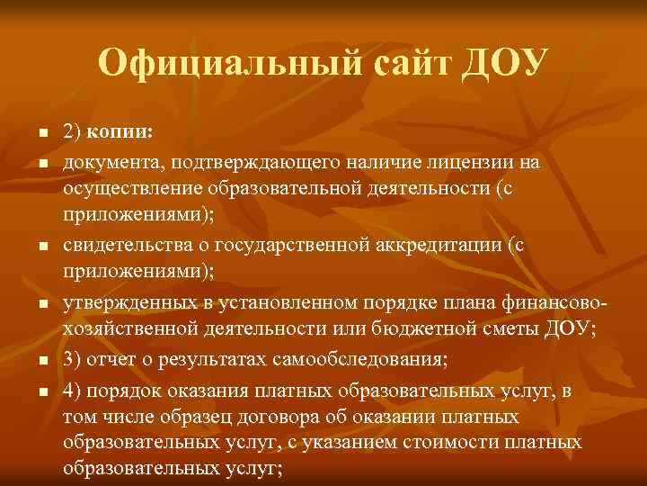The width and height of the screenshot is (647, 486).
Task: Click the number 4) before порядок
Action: [x=72, y=390]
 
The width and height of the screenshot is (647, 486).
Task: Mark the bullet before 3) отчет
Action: [x=42, y=360]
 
